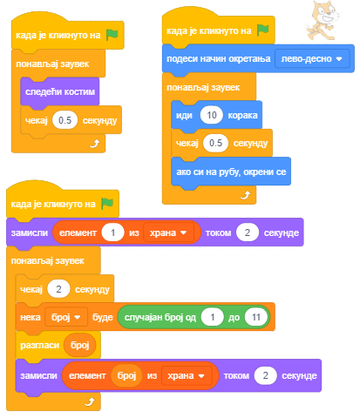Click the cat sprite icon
pos(322,20)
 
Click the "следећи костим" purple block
pos(60,91)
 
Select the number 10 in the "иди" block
pos(212,115)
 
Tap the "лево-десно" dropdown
pos(312,59)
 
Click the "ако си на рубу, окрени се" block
pos(231,172)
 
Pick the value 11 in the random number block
pos(256,317)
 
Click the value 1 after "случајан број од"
pos(213,317)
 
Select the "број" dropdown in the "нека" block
pos(66,317)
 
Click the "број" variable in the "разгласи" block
pos(80,345)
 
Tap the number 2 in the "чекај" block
pos(58,289)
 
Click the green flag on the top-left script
pos(112,35)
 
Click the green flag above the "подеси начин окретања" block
pos(263,30)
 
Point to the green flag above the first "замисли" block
pos(107,204)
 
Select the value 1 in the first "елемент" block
pos(112,233)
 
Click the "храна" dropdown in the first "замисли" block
pos(168,233)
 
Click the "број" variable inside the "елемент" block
pos(126,375)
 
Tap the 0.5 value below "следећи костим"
pos(65,120)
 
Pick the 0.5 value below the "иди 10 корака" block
pos(215,143)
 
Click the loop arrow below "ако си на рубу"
pos(246,195)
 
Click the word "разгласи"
pos(40,346)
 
